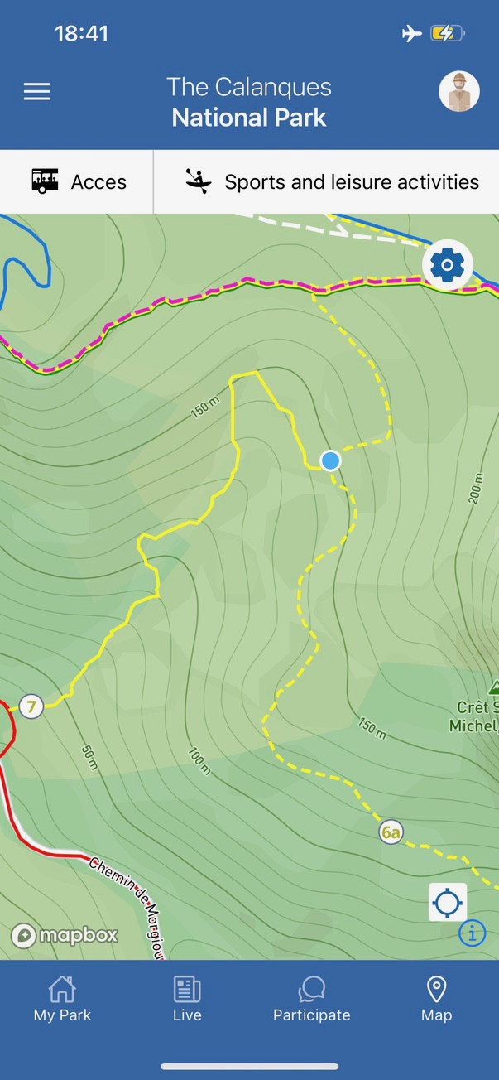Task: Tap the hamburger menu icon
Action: (x=37, y=91)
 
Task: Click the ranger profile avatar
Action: (x=458, y=91)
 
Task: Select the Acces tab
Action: (x=79, y=181)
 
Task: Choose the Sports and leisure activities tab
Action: (x=331, y=181)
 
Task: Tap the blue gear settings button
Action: (x=448, y=265)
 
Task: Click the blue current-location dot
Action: (x=331, y=460)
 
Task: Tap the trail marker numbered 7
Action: (x=31, y=706)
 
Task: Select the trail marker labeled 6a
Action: (x=391, y=832)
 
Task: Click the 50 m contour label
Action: (x=89, y=757)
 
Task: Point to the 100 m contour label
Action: (x=199, y=762)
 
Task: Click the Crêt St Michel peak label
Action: (x=475, y=716)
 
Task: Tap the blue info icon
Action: (x=472, y=933)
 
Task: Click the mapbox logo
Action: (x=65, y=936)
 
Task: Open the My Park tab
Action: (x=62, y=999)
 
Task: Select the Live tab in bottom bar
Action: (x=187, y=999)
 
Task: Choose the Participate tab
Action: (x=312, y=999)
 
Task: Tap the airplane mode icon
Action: (x=411, y=34)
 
